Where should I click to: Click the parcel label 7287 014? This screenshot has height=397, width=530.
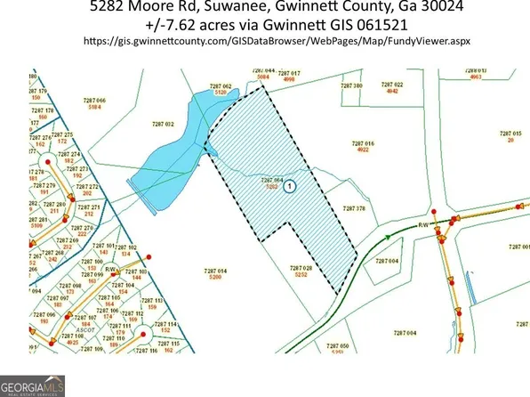[x=215, y=270]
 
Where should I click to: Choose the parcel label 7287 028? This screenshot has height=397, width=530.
[x=302, y=267]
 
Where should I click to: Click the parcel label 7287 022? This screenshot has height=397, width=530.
[x=392, y=85]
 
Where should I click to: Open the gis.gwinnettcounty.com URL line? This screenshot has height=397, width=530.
[x=264, y=42]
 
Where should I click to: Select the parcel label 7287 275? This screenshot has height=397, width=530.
[x=63, y=134]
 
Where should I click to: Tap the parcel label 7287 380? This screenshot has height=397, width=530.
[x=353, y=85]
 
